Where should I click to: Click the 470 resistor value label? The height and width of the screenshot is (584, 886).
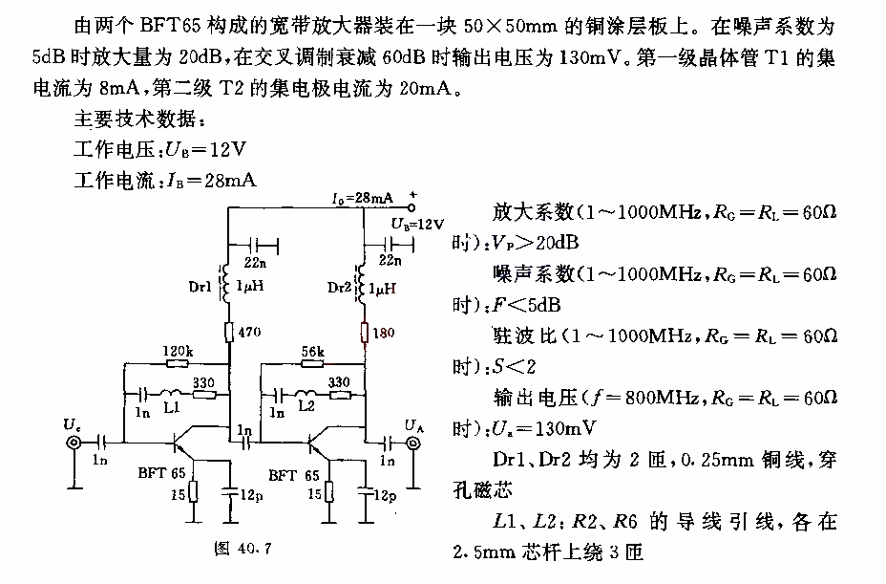pyautogui.click(x=249, y=332)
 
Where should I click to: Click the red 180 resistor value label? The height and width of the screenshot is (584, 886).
pyautogui.click(x=384, y=333)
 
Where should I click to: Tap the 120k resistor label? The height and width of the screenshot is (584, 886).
pyautogui.click(x=178, y=352)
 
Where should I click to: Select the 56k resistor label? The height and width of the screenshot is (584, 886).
pyautogui.click(x=312, y=352)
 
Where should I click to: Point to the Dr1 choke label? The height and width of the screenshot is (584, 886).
pyautogui.click(x=200, y=287)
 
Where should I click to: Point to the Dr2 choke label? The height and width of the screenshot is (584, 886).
pyautogui.click(x=339, y=288)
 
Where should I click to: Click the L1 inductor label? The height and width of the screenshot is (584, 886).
pyautogui.click(x=171, y=407)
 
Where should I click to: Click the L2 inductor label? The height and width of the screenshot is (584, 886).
pyautogui.click(x=306, y=406)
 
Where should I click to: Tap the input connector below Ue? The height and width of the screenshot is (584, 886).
pyautogui.click(x=74, y=443)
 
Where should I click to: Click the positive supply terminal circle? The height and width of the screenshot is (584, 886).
pyautogui.click(x=411, y=207)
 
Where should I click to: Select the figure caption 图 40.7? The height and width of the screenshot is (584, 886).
pyautogui.click(x=243, y=548)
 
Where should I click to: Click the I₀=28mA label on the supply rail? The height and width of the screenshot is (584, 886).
pyautogui.click(x=362, y=198)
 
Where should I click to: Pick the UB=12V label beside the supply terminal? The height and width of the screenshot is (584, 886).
pyautogui.click(x=417, y=224)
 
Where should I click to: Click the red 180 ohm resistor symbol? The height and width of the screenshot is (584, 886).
pyautogui.click(x=365, y=333)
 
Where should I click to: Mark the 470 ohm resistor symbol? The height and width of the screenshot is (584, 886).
pyautogui.click(x=229, y=333)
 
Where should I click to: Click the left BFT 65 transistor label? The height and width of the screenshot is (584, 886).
pyautogui.click(x=161, y=473)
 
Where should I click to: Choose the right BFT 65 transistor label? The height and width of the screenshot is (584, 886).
pyautogui.click(x=294, y=475)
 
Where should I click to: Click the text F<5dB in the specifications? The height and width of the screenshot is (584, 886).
pyautogui.click(x=526, y=305)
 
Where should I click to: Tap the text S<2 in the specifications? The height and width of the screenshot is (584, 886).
pyautogui.click(x=513, y=367)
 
